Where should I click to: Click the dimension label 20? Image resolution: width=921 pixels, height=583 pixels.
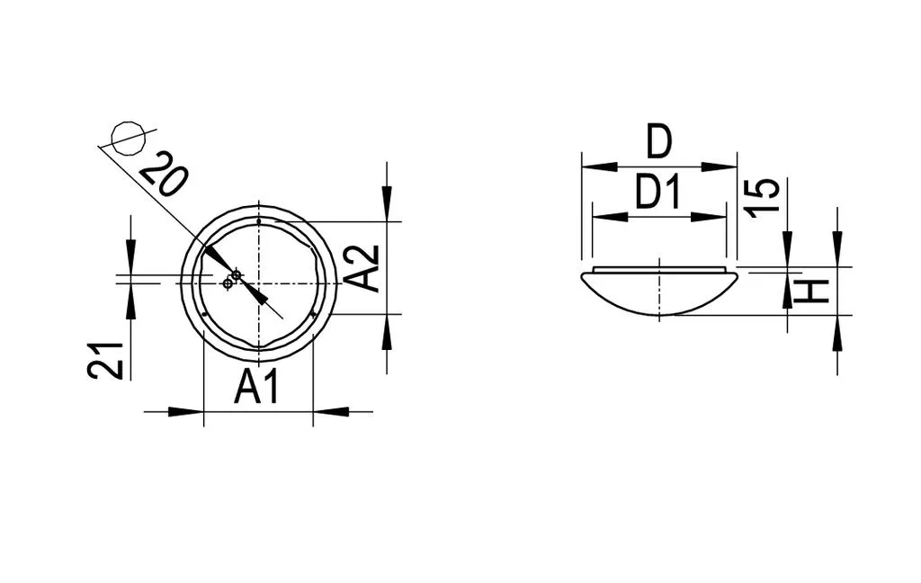coord(165,174)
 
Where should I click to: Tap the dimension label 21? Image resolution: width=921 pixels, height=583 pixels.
coord(106,360)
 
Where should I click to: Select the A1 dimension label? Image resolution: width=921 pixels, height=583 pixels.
coord(256,387)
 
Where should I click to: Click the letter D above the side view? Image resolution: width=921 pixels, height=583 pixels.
coord(658,141)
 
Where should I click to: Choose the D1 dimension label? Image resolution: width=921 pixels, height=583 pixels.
coord(658,193)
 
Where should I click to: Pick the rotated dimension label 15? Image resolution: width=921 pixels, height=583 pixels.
coord(762,197)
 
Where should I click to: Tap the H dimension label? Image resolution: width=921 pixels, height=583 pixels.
coord(811,291)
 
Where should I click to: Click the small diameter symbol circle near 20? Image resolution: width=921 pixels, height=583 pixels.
coord(129,139)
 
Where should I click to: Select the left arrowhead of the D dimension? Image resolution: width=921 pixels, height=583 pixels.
coord(599,167)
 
